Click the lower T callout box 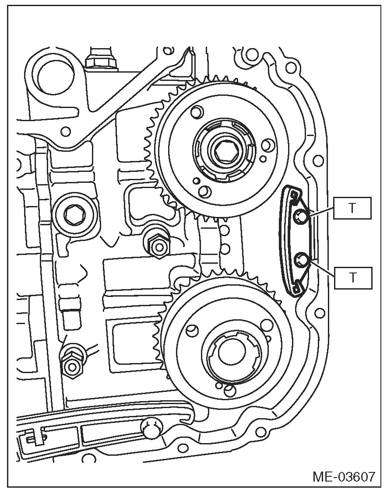352,277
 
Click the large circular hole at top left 54,77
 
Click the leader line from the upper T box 322,211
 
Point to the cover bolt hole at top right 290,67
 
